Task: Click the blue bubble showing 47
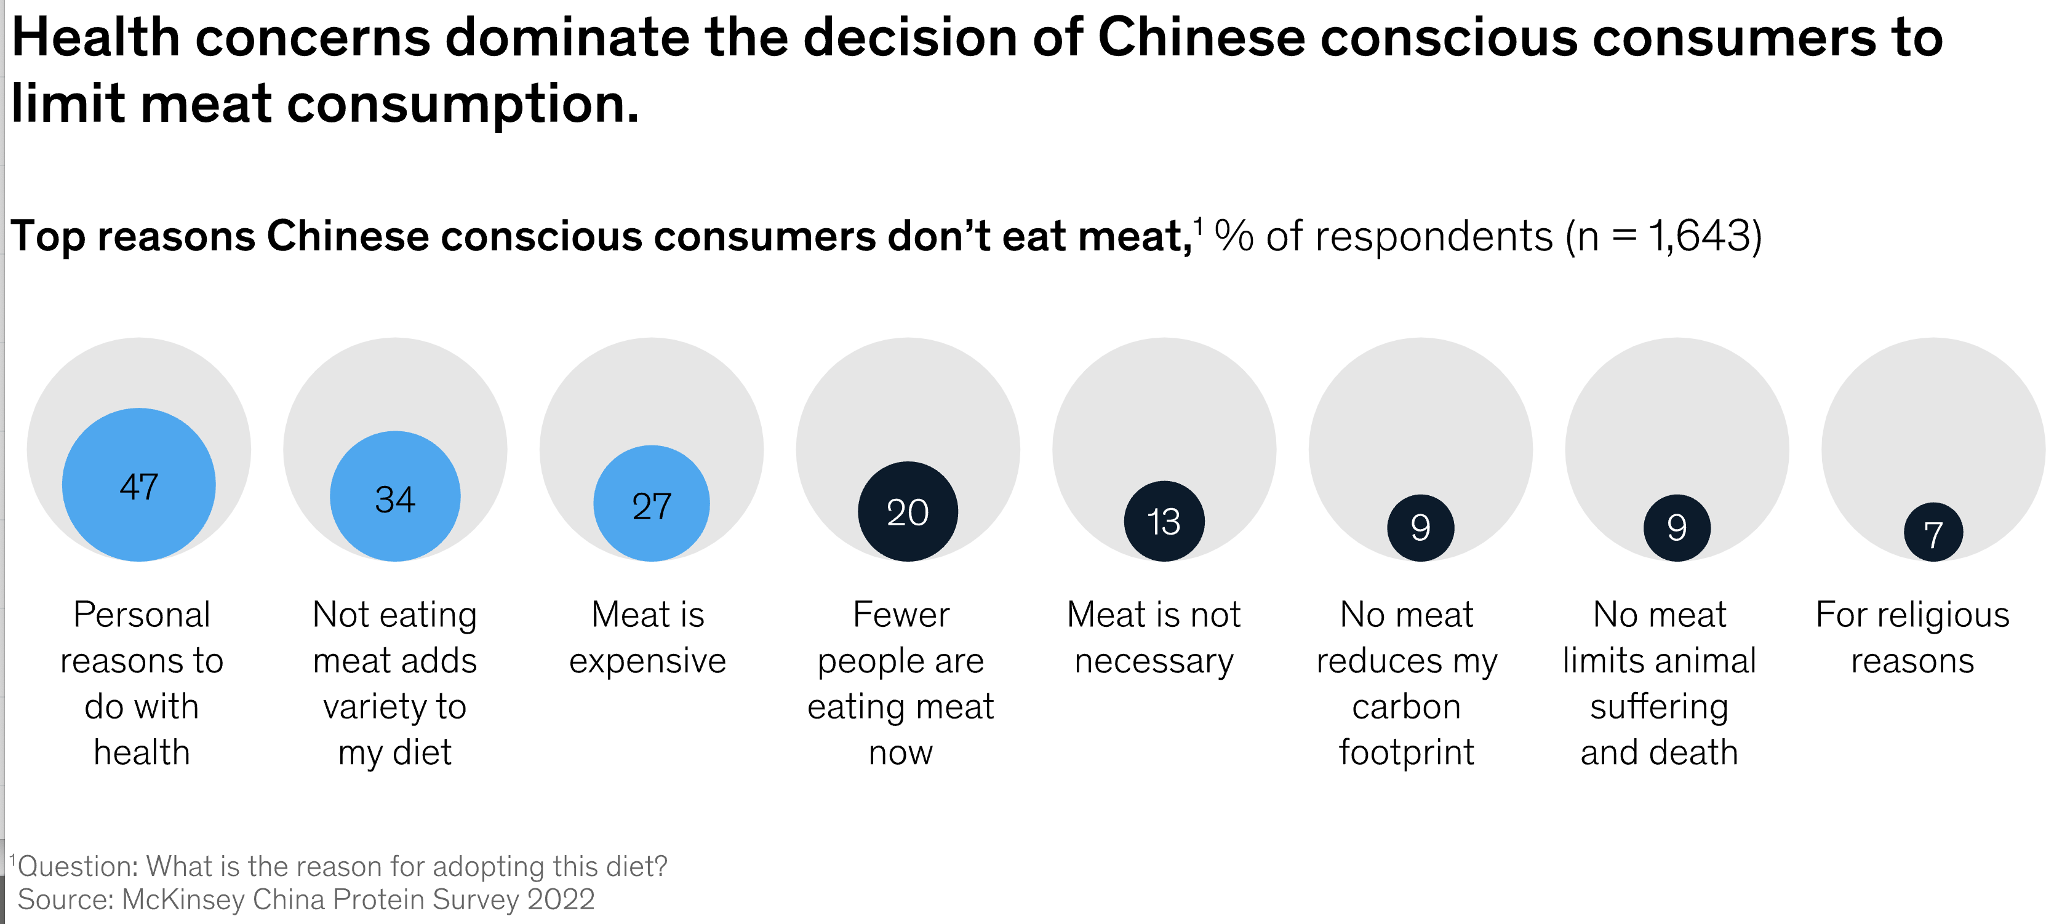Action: [x=138, y=485]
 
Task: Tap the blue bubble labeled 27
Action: [x=652, y=504]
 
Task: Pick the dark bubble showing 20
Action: [x=908, y=512]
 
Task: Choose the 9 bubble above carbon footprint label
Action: [x=1420, y=528]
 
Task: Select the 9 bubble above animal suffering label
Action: [x=1677, y=528]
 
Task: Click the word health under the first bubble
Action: [x=142, y=752]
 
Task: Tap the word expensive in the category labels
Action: [x=647, y=661]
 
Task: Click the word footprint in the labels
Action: [x=1407, y=752]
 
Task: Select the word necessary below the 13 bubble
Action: [x=1154, y=661]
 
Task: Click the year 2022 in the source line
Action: [x=561, y=899]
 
